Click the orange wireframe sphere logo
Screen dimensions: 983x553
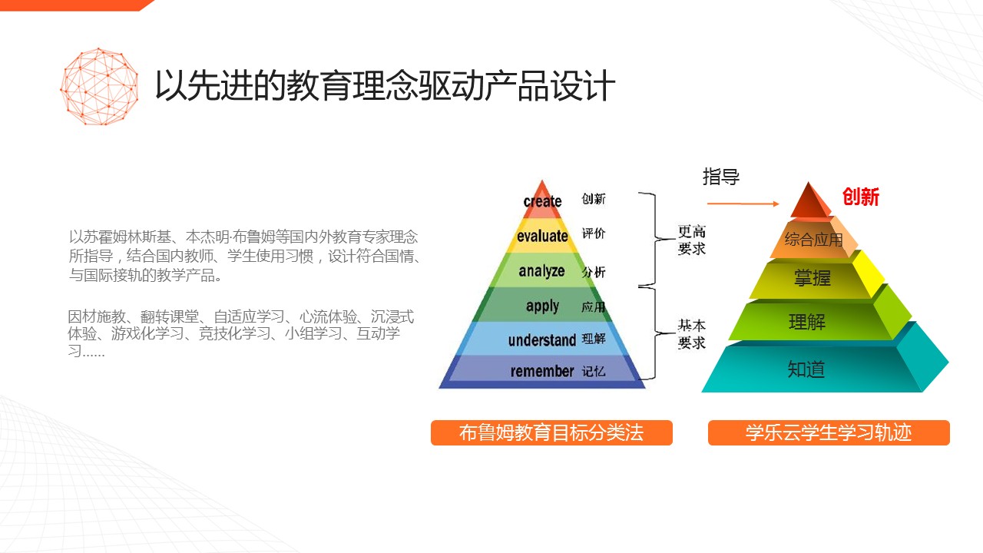[99, 87]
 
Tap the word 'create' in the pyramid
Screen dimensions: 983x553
[542, 201]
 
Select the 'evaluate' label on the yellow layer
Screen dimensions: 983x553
[542, 236]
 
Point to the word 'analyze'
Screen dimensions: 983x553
[541, 271]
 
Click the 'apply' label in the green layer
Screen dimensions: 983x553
[542, 306]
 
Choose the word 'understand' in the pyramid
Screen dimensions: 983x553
[542, 340]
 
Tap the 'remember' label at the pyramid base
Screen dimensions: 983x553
[542, 371]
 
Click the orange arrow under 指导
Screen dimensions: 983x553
[743, 204]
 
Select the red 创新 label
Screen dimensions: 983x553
[861, 197]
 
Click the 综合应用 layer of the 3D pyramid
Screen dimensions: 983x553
[813, 240]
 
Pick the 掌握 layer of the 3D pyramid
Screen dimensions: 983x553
[813, 278]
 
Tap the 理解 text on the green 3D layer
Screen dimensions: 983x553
[807, 322]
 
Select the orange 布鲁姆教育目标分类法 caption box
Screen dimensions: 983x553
[551, 432]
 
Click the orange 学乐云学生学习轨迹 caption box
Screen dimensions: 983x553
[829, 432]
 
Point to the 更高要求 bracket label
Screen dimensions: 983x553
[692, 240]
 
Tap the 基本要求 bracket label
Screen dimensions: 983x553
[692, 334]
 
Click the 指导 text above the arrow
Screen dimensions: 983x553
[721, 177]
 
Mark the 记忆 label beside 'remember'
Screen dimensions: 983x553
[594, 372]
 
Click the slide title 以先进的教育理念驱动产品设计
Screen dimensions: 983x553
[385, 85]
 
